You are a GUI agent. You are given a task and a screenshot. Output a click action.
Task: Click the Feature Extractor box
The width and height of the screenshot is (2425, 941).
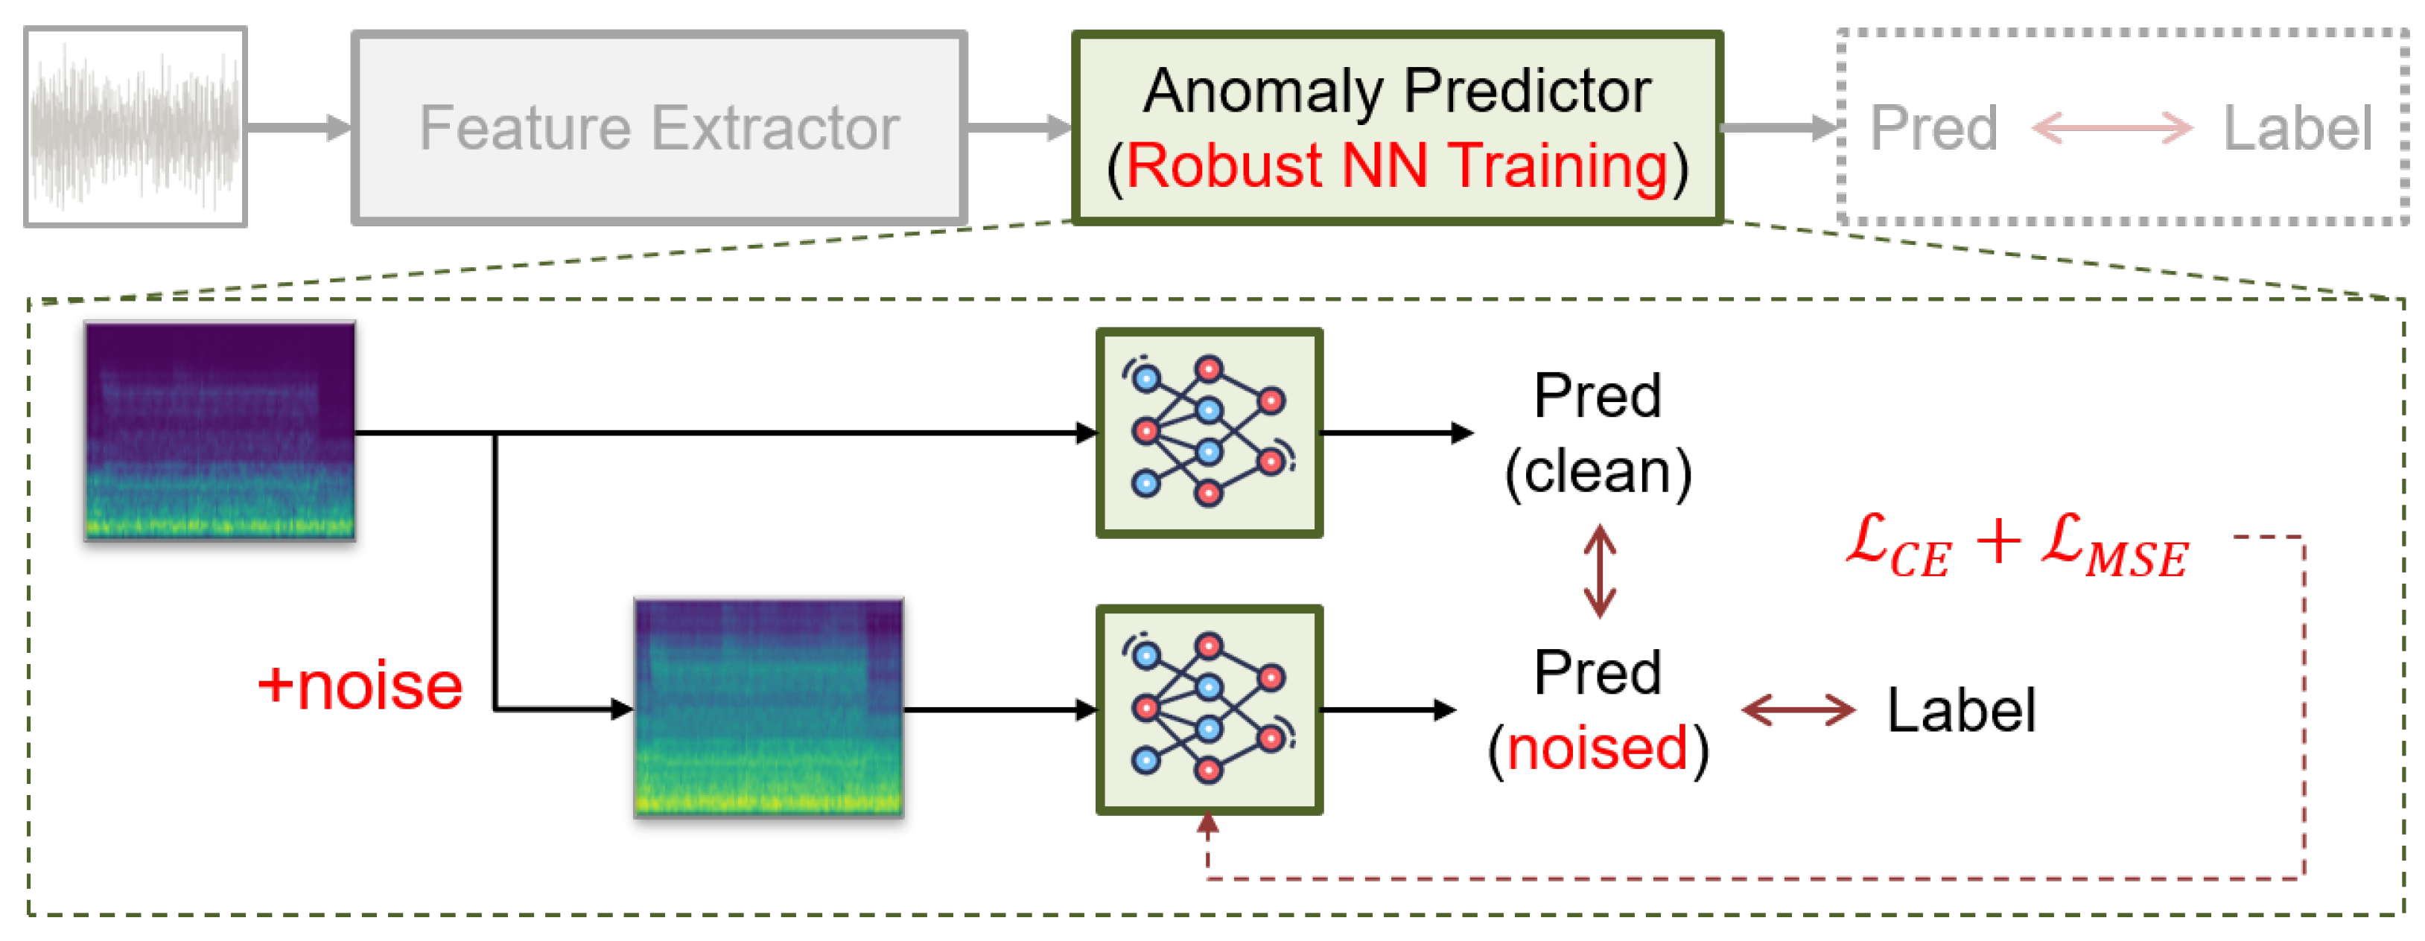659,128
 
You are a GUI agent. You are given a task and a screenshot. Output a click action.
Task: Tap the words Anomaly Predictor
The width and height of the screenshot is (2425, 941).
1397,92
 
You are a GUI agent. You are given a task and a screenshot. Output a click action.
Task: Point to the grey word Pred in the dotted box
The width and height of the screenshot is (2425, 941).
1933,128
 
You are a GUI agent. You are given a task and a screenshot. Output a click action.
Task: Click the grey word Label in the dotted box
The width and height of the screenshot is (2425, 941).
2297,128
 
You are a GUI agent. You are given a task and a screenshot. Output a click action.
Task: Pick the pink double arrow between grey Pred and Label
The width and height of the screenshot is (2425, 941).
2112,128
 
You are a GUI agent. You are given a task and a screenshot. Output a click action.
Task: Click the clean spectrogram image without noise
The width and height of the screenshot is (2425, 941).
220,431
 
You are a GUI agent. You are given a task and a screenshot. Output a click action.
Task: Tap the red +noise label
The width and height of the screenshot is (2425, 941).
360,686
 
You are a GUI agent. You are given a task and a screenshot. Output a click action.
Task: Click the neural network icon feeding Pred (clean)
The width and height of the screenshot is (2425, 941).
1210,433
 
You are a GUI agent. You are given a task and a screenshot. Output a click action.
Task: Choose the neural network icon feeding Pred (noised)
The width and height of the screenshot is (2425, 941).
1210,709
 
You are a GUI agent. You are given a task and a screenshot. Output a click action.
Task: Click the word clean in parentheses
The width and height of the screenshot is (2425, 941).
1598,473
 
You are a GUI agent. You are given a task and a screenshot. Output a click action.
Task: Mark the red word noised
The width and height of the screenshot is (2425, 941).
1598,749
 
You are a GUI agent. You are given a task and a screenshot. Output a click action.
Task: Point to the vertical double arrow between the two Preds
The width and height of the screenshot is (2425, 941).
1599,571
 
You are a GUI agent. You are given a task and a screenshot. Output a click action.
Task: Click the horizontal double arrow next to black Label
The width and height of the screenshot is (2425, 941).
1798,709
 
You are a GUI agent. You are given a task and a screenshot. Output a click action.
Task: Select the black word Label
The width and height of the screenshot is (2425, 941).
1962,709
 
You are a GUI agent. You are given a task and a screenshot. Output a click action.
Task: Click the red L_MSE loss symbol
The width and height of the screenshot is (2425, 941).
2114,548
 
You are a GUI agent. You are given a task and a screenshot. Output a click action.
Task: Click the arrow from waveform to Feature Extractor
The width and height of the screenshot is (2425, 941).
299,128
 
